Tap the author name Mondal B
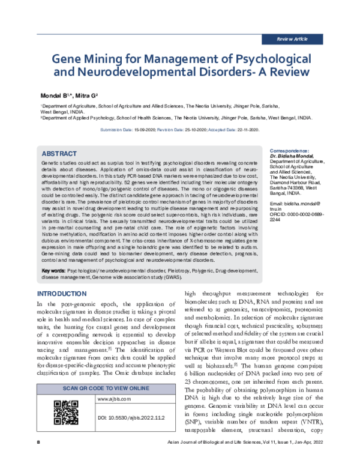click(x=53, y=95)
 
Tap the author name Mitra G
click(x=91, y=95)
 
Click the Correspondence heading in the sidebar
click(x=290, y=150)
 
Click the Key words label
click(x=53, y=271)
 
